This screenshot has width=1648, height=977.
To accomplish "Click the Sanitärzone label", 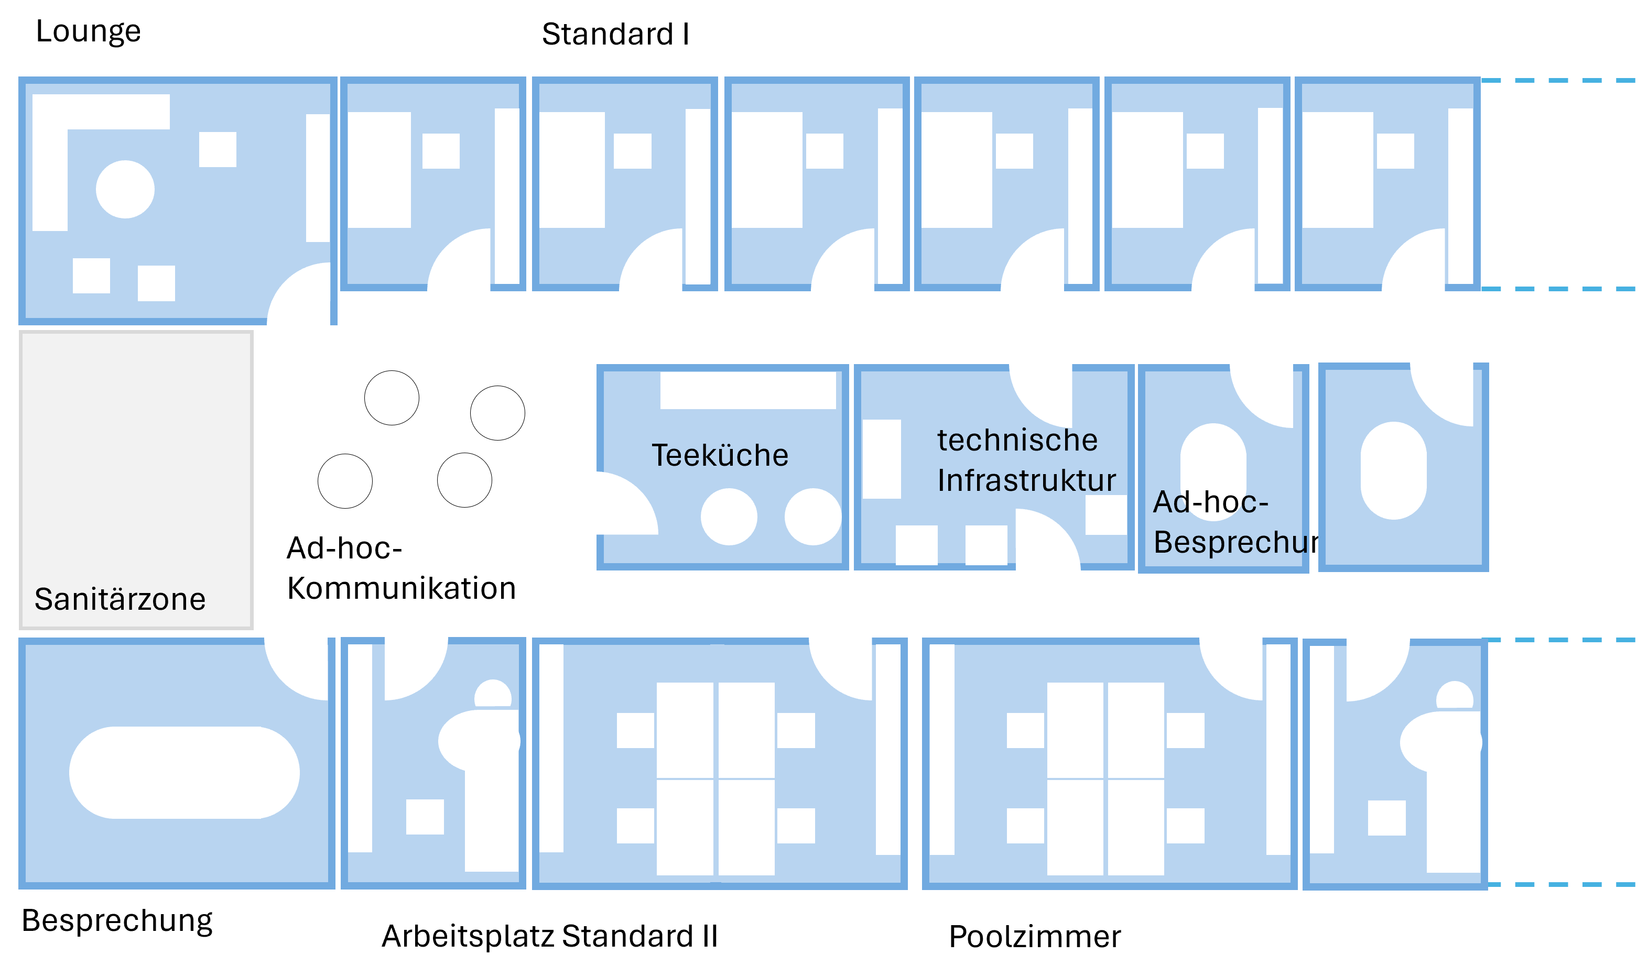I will click(x=120, y=599).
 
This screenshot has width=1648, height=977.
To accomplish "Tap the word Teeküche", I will click(x=720, y=456).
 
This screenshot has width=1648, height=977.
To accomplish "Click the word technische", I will click(x=1017, y=441).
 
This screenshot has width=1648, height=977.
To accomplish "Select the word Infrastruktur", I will click(x=1026, y=480).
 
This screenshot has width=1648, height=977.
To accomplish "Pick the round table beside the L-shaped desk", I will click(x=125, y=190).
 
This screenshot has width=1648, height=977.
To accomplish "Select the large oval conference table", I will click(x=185, y=773).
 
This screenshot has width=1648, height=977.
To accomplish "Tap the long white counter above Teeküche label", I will click(x=747, y=390).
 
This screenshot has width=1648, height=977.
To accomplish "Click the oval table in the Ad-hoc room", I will click(x=1213, y=461).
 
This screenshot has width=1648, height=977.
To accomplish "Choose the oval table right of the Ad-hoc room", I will click(x=1394, y=471).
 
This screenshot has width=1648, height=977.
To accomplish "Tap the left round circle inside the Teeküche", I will click(x=729, y=517).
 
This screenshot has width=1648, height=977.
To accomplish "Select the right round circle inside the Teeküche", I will click(x=813, y=517).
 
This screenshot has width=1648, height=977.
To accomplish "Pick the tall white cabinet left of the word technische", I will click(x=881, y=459).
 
